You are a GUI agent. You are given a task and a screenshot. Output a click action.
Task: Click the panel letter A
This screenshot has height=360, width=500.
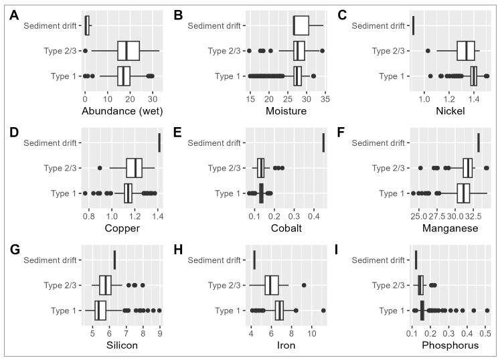click(15, 14)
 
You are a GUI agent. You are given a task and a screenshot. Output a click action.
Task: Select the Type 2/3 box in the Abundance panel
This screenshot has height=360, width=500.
click(129, 51)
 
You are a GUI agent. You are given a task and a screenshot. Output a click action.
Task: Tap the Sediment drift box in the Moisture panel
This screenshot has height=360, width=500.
click(301, 25)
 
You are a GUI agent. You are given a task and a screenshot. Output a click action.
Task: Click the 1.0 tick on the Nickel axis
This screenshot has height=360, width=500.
click(423, 98)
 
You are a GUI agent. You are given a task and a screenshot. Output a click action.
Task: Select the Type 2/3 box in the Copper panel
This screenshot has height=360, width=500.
click(135, 168)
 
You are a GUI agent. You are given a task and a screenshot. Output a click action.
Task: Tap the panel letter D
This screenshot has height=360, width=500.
click(15, 132)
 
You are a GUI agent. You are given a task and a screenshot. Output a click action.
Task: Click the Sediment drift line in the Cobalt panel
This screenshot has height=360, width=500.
click(324, 143)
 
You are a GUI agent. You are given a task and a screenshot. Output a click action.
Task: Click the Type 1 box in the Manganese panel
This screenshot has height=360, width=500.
click(463, 193)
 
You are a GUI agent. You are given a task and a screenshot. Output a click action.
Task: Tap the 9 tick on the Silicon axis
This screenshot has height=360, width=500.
click(160, 333)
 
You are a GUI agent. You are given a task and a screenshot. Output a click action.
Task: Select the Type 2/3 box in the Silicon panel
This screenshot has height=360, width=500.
click(105, 285)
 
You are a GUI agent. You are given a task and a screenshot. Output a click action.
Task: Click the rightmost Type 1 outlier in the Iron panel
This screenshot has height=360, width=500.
click(323, 310)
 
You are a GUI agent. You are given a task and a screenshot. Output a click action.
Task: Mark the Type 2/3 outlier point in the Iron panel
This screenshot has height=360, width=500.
click(304, 285)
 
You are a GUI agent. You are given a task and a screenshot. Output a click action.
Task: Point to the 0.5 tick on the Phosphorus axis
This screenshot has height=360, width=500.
click(487, 333)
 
